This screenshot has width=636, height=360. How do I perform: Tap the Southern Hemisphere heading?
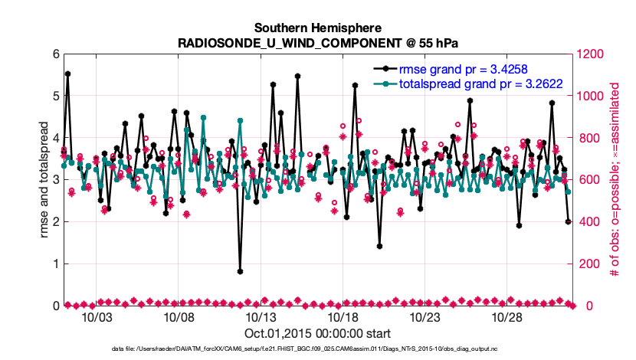(x=318, y=28)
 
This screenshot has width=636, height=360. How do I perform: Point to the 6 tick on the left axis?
(x=55, y=54)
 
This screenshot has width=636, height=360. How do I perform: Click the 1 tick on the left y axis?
(x=55, y=264)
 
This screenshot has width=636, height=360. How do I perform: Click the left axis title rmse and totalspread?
(x=44, y=180)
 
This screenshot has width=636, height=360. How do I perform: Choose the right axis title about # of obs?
(x=615, y=180)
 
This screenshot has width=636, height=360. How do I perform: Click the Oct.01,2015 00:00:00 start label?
(x=317, y=333)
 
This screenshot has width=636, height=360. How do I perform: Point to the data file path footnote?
(x=317, y=349)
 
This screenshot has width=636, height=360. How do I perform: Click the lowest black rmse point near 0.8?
(x=240, y=271)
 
